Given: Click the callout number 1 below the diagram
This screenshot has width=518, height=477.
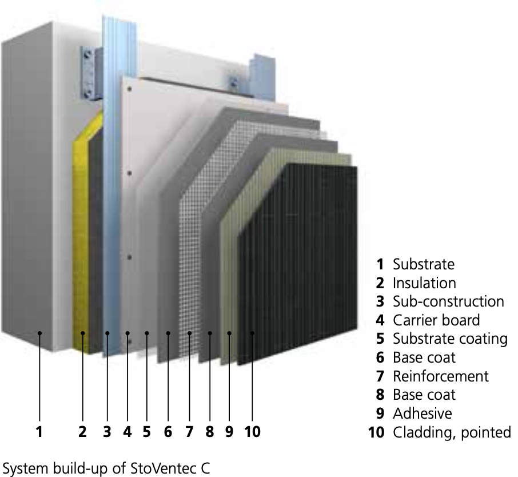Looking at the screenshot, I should point(39,432).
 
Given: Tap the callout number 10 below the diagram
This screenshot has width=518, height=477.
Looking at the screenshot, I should point(252,432).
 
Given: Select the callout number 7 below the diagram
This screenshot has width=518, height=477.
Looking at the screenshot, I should point(189,432).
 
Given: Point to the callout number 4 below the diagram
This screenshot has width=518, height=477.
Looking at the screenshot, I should point(127,432).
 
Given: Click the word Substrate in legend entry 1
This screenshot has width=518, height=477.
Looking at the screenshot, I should point(423,265).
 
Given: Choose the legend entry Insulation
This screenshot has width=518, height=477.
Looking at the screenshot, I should point(424,283).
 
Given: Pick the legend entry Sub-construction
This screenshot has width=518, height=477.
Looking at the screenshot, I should point(448,301).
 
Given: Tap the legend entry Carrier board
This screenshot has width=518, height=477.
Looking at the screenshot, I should point(436,320).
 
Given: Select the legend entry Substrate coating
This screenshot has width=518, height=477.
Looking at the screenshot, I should point(450,339).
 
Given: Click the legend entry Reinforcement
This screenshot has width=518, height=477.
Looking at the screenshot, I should point(440,376).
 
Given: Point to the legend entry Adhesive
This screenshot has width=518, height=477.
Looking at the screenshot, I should point(422,414).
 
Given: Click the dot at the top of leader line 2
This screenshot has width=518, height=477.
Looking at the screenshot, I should point(83,333).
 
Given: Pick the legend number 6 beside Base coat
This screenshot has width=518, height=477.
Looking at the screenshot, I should point(380,358).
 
